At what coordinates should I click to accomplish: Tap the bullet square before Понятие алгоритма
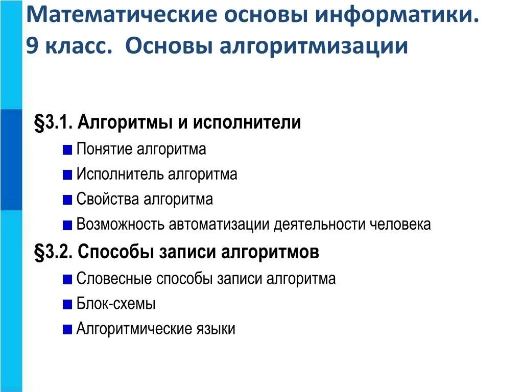[x=67, y=150]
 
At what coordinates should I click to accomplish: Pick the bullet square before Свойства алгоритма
[x=67, y=200]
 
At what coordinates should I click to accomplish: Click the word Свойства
[x=108, y=199]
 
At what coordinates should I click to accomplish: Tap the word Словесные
[x=114, y=279]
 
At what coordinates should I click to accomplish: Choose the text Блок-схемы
[x=116, y=304]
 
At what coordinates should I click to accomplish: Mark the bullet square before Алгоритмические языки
[x=67, y=330]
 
